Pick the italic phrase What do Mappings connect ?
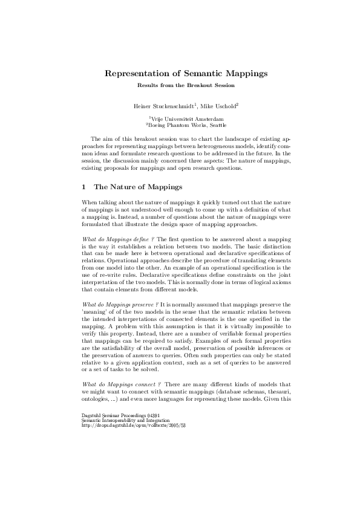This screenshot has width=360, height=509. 113,384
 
